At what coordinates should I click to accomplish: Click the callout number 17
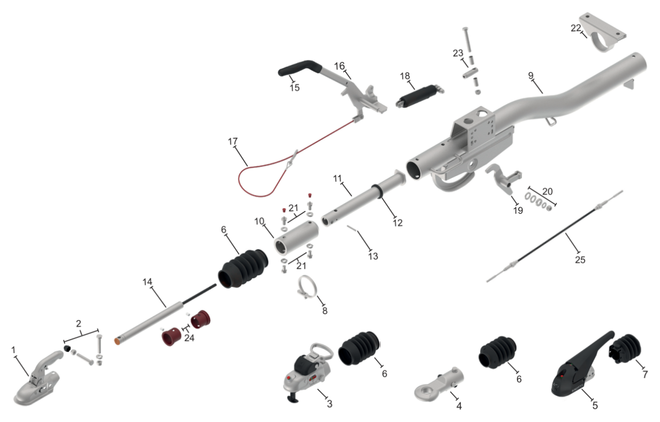[x=233, y=142]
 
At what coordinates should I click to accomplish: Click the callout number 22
[x=576, y=28]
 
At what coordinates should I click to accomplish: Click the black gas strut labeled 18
[x=420, y=96]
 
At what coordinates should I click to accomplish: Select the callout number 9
[x=531, y=75]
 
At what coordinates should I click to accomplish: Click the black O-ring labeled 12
[x=377, y=192]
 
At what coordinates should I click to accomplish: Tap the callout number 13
[x=373, y=256]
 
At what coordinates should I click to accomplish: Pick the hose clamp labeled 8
[x=307, y=287]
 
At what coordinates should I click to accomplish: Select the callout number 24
[x=189, y=338]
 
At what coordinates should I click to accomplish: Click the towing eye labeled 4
[x=439, y=385]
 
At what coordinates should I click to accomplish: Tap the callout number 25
[x=580, y=259]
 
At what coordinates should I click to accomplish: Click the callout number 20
[x=547, y=192]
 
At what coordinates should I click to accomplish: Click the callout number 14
[x=147, y=282]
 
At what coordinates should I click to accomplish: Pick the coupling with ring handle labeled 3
[x=308, y=372]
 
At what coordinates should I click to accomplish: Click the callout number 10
[x=259, y=221]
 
